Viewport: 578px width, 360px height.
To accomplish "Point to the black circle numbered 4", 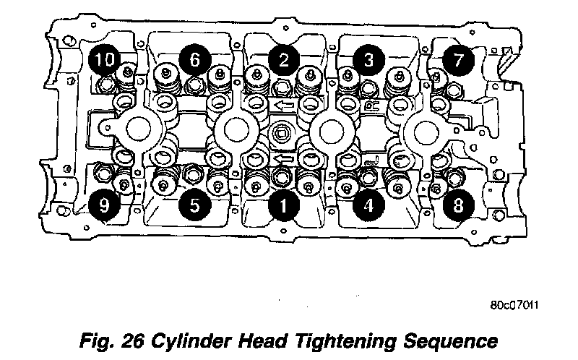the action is tap(368, 205).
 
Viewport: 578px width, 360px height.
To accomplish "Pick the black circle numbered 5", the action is tap(194, 205).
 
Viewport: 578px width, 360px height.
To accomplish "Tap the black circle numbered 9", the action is tap(105, 205).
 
